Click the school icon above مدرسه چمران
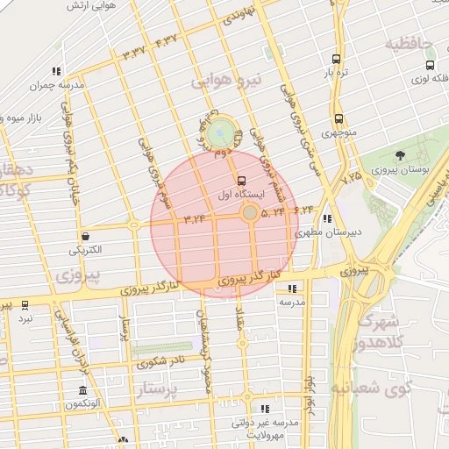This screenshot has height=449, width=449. [x=56, y=71]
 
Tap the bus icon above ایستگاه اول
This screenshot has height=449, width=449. [x=242, y=180]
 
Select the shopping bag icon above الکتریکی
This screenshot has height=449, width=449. [x=86, y=236]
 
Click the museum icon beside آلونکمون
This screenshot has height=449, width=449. [x=82, y=390]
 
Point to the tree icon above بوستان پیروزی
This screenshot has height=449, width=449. [x=401, y=154]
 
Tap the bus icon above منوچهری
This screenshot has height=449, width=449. [x=338, y=118]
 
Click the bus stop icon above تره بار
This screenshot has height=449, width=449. [x=337, y=60]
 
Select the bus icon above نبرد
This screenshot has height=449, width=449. [x=25, y=305]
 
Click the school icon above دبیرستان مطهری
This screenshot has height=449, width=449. [x=327, y=219]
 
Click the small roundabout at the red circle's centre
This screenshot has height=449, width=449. [x=250, y=213]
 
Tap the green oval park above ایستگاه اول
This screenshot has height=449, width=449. [x=223, y=132]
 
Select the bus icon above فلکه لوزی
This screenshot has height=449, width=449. [x=430, y=65]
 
